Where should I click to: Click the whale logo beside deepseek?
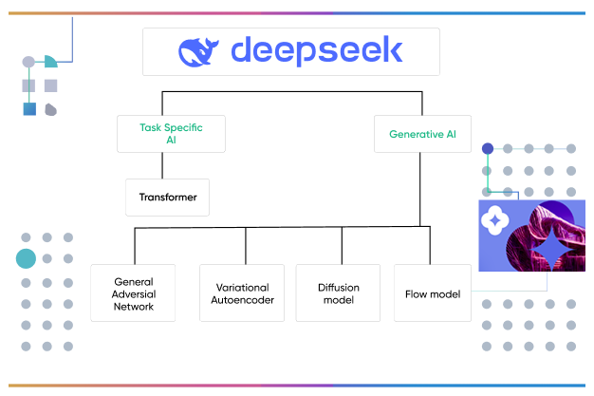point(200,51)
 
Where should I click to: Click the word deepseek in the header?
point(317,50)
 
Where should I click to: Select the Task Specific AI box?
point(172,133)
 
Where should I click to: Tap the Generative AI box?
point(422,134)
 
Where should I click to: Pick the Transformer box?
point(167,198)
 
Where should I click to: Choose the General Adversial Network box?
point(134,293)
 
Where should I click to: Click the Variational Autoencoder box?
point(242,293)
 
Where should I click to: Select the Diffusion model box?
point(338,293)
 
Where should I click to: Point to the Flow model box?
point(432,293)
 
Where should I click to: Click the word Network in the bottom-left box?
point(134,307)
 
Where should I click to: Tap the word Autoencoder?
point(242,300)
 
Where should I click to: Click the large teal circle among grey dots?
point(26,257)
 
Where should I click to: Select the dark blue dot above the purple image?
point(488,148)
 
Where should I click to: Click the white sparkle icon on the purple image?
point(494,219)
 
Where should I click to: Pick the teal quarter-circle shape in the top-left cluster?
point(50,61)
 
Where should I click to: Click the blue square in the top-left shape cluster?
point(29,109)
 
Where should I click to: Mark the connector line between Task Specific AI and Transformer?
point(160,165)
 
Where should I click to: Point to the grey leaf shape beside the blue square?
point(50,109)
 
